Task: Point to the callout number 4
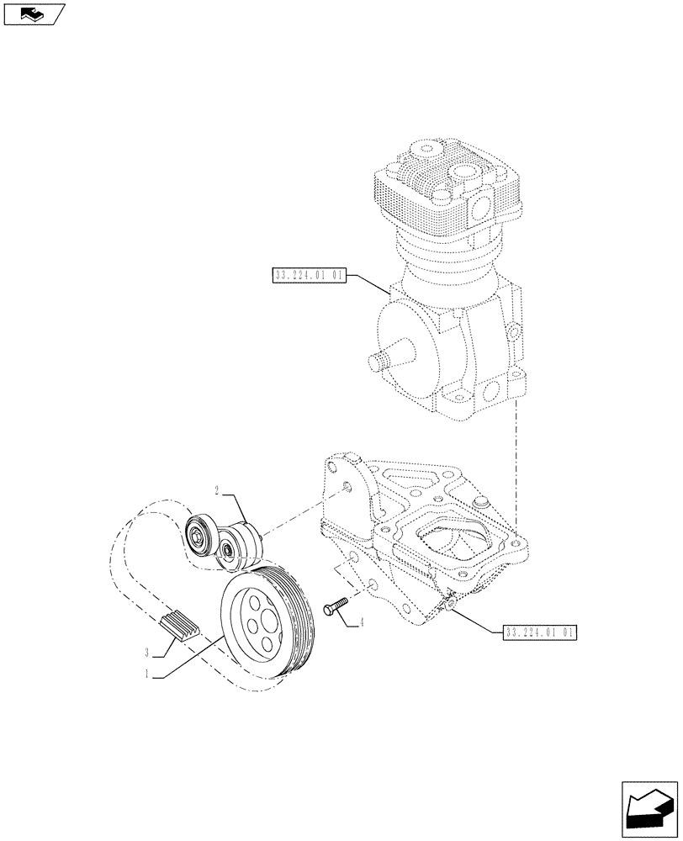pyautogui.click(x=361, y=623)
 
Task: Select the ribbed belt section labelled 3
pyautogui.click(x=177, y=626)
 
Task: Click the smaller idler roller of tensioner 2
pyautogui.click(x=226, y=551)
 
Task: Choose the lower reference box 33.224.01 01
pyautogui.click(x=540, y=632)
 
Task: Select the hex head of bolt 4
pyautogui.click(x=326, y=609)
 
